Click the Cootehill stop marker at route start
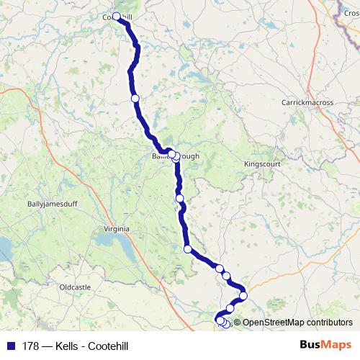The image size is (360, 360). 117,16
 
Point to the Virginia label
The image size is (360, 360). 117,229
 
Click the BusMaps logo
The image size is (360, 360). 326,344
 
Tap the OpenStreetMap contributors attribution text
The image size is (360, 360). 297,323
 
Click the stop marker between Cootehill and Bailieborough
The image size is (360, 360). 135,98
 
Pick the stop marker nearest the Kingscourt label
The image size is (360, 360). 180,198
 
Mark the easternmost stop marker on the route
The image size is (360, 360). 243,295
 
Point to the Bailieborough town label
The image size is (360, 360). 170,156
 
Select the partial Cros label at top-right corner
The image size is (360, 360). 351,13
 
